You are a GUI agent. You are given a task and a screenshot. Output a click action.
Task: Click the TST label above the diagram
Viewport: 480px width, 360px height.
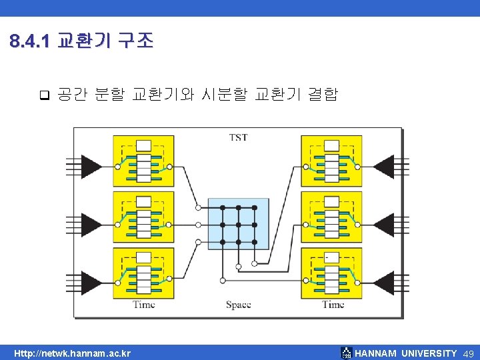pyautogui.click(x=238, y=137)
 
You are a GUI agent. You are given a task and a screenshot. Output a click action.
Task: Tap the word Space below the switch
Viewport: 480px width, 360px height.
pyautogui.click(x=238, y=305)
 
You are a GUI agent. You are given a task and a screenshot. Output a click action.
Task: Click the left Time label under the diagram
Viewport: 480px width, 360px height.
pyautogui.click(x=143, y=305)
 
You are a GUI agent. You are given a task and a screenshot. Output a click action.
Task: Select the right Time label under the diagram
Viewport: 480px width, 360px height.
pyautogui.click(x=333, y=305)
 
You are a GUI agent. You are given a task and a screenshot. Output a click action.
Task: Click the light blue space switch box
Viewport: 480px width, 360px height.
pyautogui.click(x=238, y=223)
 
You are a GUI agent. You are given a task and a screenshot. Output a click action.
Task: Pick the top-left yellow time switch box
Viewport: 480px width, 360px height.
pyautogui.click(x=143, y=161)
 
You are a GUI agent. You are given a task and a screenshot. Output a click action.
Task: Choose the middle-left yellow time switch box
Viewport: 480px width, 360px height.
pyautogui.click(x=143, y=217)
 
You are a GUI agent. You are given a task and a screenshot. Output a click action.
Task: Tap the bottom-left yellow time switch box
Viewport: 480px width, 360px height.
pyautogui.click(x=143, y=273)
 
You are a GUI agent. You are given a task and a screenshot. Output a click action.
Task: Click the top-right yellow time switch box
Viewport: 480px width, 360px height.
pyautogui.click(x=331, y=161)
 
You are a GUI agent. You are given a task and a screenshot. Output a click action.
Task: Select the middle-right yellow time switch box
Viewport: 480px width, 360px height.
pyautogui.click(x=331, y=217)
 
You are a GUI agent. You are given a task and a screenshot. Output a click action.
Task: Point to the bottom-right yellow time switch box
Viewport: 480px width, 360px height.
pyautogui.click(x=331, y=273)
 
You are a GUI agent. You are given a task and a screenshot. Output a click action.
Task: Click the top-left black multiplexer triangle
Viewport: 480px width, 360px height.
pyautogui.click(x=90, y=165)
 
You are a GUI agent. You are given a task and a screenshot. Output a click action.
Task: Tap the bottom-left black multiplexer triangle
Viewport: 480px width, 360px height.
pyautogui.click(x=90, y=277)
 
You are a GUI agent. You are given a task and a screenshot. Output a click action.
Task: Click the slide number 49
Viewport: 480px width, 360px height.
pyautogui.click(x=467, y=353)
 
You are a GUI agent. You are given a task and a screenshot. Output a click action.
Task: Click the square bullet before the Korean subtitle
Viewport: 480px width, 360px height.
pyautogui.click(x=44, y=94)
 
